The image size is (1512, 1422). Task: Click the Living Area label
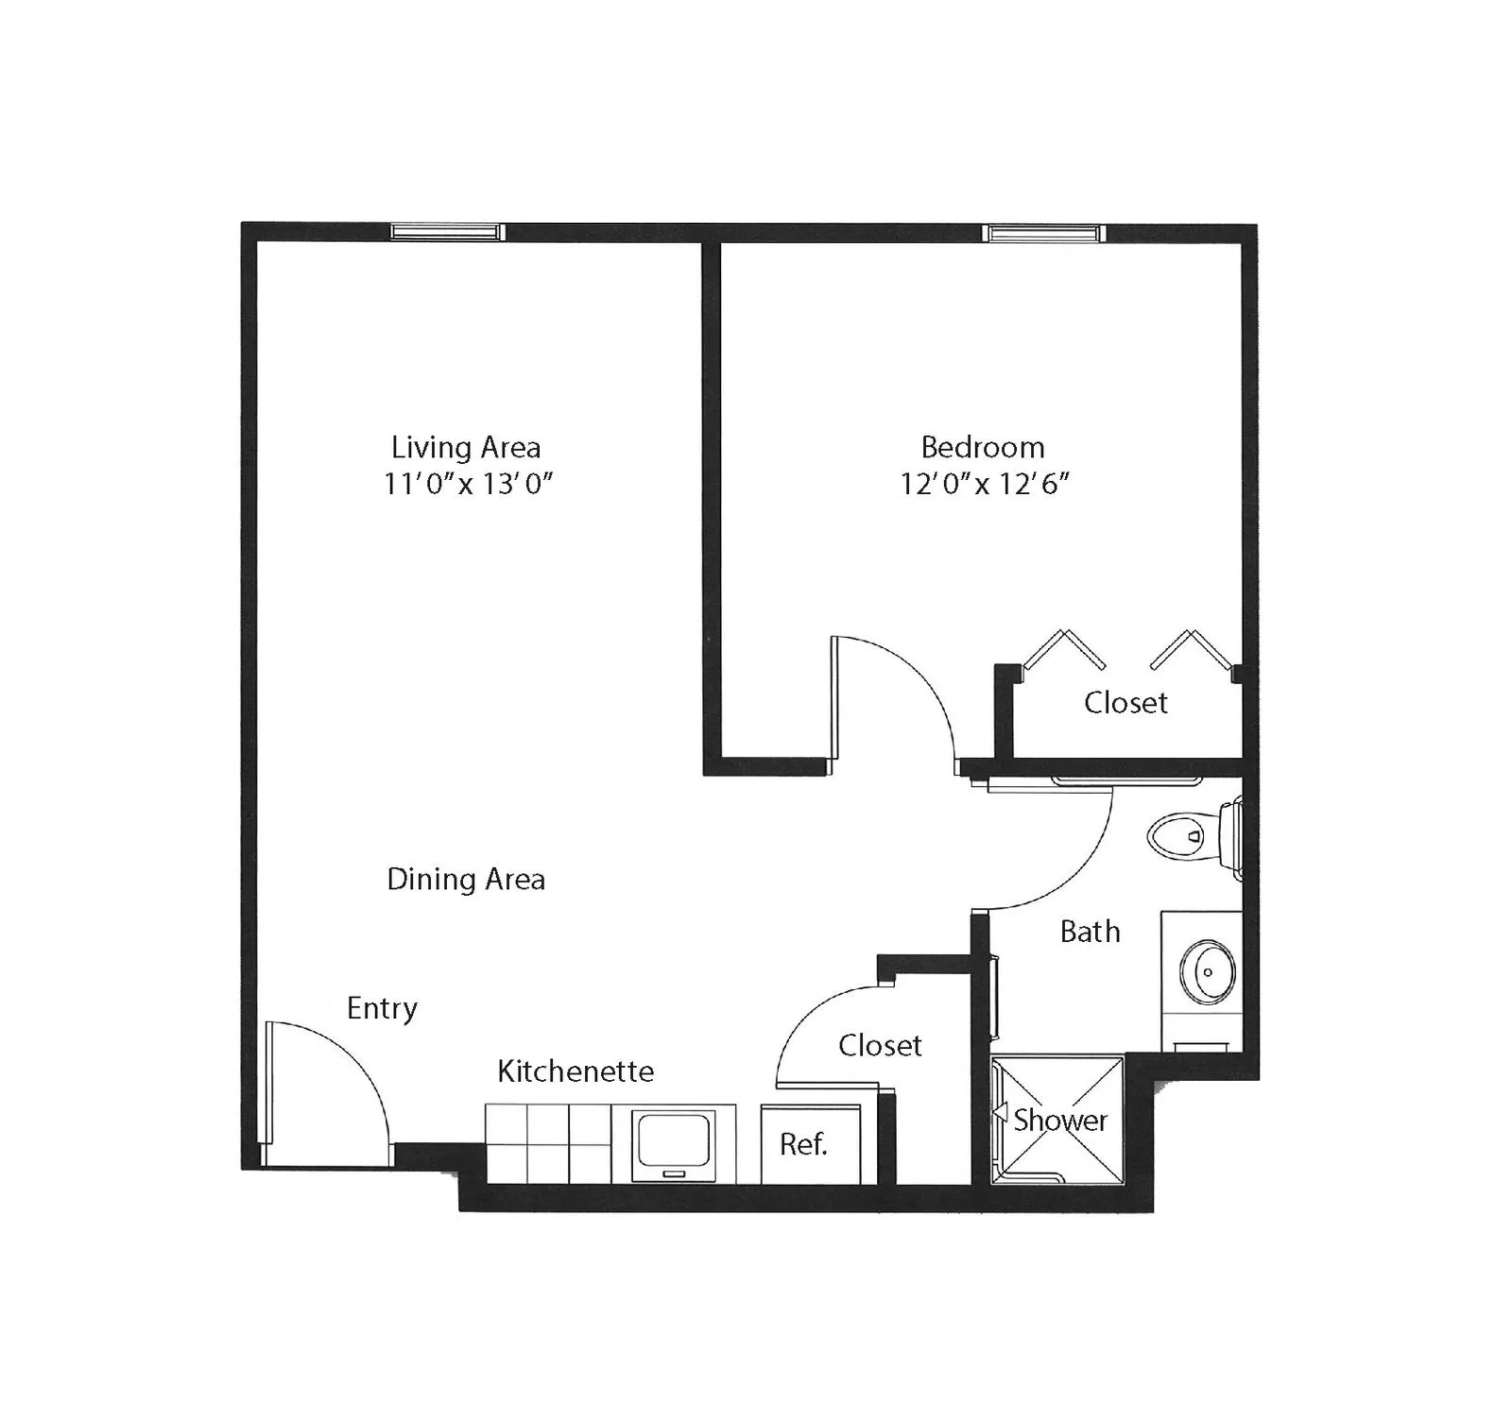(466, 447)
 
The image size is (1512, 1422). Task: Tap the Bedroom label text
(983, 447)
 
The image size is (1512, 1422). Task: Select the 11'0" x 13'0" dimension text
(468, 484)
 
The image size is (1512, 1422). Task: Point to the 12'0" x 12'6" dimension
(985, 484)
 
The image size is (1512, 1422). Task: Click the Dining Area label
(466, 880)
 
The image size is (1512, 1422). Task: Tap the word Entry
(382, 1009)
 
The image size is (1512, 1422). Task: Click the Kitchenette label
(576, 1071)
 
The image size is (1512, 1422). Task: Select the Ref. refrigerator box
(811, 1144)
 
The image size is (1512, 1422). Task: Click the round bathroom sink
(1208, 972)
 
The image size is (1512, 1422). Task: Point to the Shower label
(1060, 1121)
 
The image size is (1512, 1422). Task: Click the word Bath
(1090, 932)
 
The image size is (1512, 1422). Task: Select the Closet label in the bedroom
(1125, 703)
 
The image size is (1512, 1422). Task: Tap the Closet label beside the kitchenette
(880, 1046)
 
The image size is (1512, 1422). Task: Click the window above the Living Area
(447, 232)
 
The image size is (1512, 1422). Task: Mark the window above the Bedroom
(1042, 232)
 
